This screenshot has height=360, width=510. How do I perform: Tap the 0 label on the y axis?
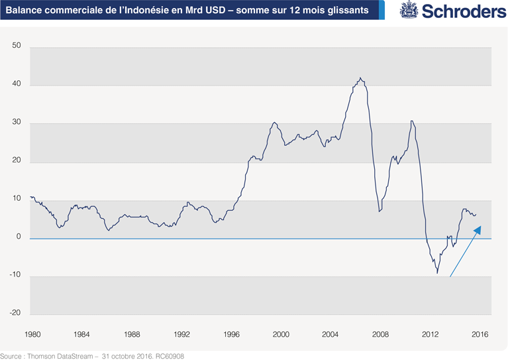click(x=19, y=237)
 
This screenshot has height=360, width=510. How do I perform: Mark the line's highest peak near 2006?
click(x=360, y=78)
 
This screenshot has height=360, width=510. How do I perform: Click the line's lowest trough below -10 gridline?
click(x=437, y=272)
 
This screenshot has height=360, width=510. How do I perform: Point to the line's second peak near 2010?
click(x=412, y=121)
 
